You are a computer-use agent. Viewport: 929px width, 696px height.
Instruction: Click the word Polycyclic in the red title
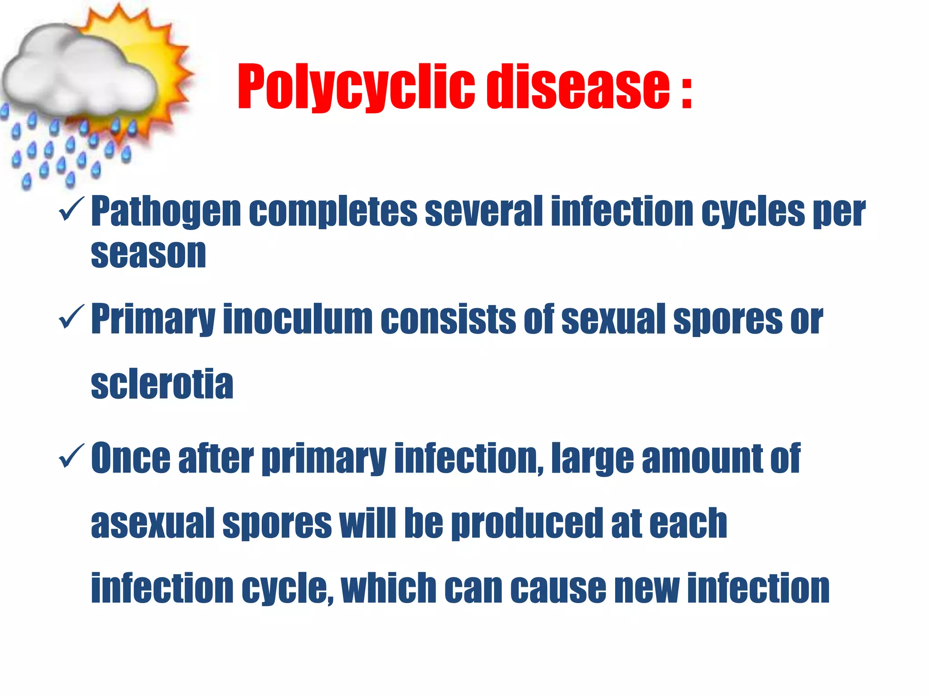[x=356, y=87]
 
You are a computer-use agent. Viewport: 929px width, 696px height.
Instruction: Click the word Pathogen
[x=166, y=212]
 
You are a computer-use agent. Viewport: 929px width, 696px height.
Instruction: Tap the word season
[x=148, y=253]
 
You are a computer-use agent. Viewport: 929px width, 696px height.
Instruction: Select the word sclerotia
[x=162, y=384]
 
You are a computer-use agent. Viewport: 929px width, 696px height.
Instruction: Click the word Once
[x=131, y=458]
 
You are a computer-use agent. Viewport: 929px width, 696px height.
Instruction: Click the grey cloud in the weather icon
[x=77, y=72]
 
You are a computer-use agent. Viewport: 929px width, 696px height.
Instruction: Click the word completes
[x=333, y=212]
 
